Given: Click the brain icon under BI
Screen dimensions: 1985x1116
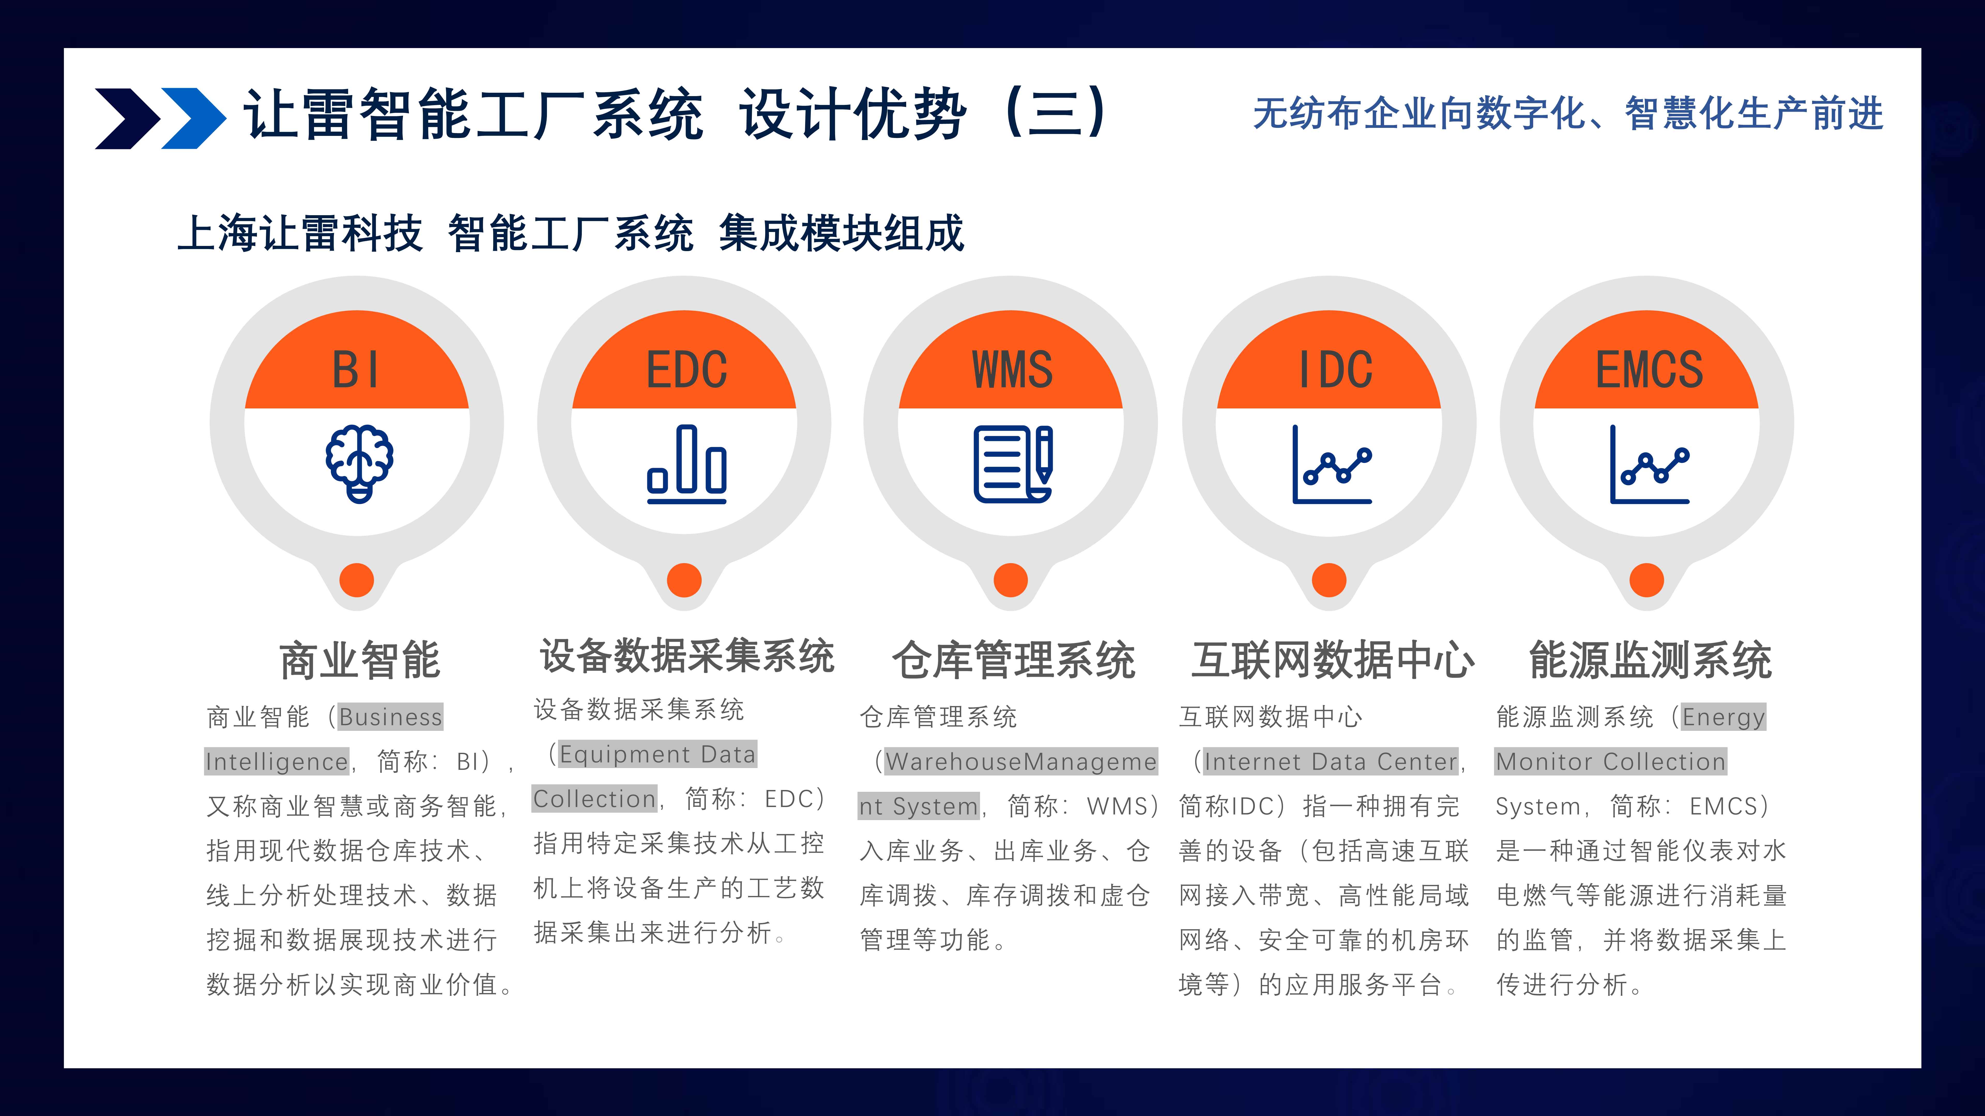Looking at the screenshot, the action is (359, 464).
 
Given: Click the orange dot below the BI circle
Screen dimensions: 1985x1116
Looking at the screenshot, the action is (357, 580).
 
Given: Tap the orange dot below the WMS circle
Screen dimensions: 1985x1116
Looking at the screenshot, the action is (1011, 580).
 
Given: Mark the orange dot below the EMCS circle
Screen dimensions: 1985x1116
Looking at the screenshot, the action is (1647, 580).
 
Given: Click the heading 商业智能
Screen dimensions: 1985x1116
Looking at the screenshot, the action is (360, 660).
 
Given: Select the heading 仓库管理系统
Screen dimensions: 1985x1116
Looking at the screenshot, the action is (1013, 660).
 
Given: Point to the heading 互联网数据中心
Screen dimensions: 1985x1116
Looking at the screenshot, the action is (1332, 660).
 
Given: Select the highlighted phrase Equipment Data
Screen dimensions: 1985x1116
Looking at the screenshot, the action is (657, 754).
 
